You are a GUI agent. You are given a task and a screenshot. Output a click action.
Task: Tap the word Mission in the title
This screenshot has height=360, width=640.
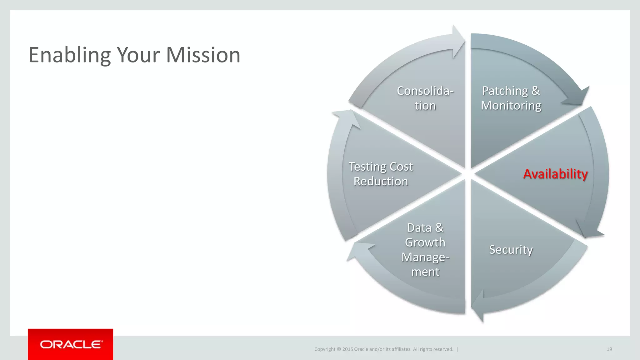(x=203, y=55)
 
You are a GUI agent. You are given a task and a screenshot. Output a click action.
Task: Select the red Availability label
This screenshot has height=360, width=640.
(x=555, y=174)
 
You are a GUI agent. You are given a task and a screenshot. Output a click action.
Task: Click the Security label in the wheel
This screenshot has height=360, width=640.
(x=511, y=250)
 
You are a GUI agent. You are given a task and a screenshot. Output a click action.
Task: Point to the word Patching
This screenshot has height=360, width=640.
(x=505, y=91)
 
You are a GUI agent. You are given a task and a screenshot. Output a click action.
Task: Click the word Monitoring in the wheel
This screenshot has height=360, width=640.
(x=511, y=106)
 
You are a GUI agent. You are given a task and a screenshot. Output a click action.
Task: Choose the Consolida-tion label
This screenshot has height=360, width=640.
(x=425, y=98)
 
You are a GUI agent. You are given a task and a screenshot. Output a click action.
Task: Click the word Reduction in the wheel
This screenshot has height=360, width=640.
(x=381, y=181)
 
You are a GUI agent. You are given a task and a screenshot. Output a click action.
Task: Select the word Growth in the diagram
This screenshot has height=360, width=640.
(x=425, y=242)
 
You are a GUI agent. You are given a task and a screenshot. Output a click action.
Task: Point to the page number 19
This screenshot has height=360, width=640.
(x=609, y=349)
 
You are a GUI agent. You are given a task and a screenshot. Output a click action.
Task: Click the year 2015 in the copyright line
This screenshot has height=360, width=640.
(x=347, y=349)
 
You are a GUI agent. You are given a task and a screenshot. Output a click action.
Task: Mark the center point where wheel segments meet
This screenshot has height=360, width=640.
(x=468, y=174)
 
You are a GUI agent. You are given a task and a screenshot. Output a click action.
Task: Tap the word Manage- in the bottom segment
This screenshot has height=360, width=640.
(x=425, y=257)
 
